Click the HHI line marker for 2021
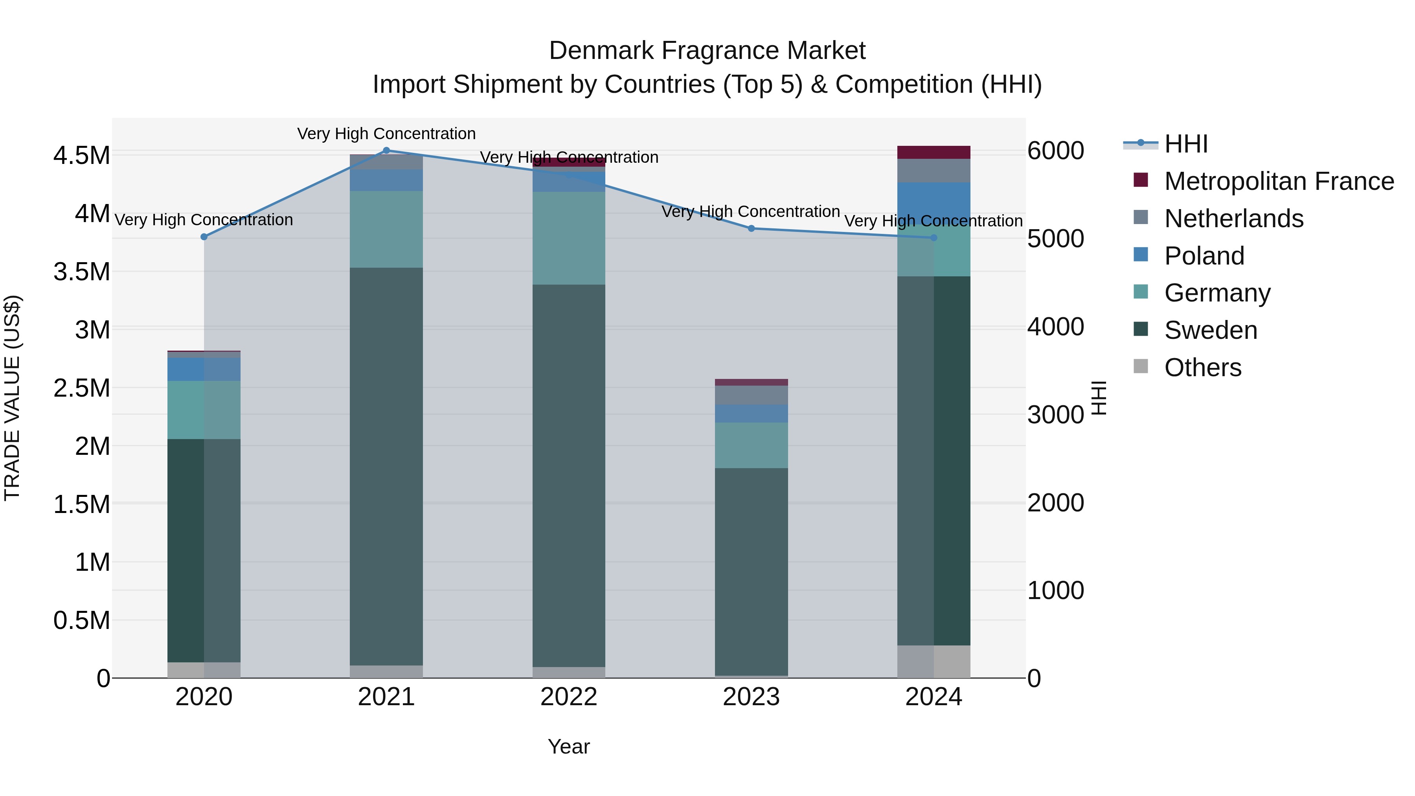pos(386,151)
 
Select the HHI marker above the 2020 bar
pos(204,237)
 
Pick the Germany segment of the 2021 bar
pos(386,229)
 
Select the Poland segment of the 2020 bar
pos(204,369)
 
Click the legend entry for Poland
pos(1204,256)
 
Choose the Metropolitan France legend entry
pos(1279,181)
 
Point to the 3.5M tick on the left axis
pos(82,272)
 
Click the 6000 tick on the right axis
pos(1055,151)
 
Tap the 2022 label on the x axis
pos(568,697)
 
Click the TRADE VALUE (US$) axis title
pos(12,398)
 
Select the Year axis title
pos(568,746)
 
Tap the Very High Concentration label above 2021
pos(386,134)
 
